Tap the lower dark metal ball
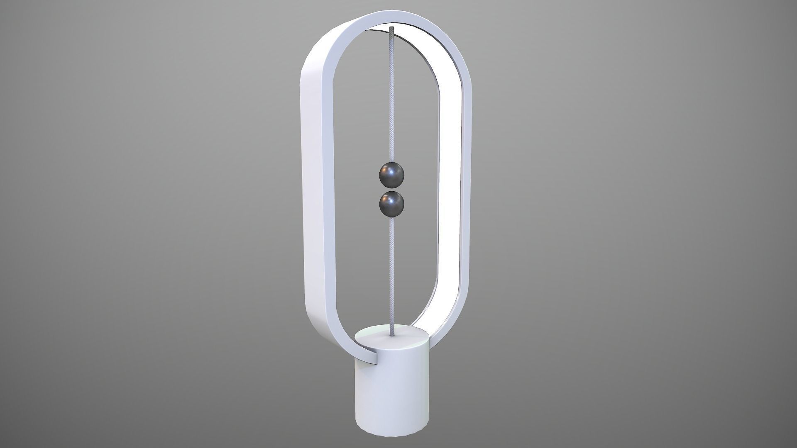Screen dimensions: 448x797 (391, 203)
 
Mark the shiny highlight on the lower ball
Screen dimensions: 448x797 (388, 198)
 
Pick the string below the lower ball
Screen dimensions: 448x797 (391, 270)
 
